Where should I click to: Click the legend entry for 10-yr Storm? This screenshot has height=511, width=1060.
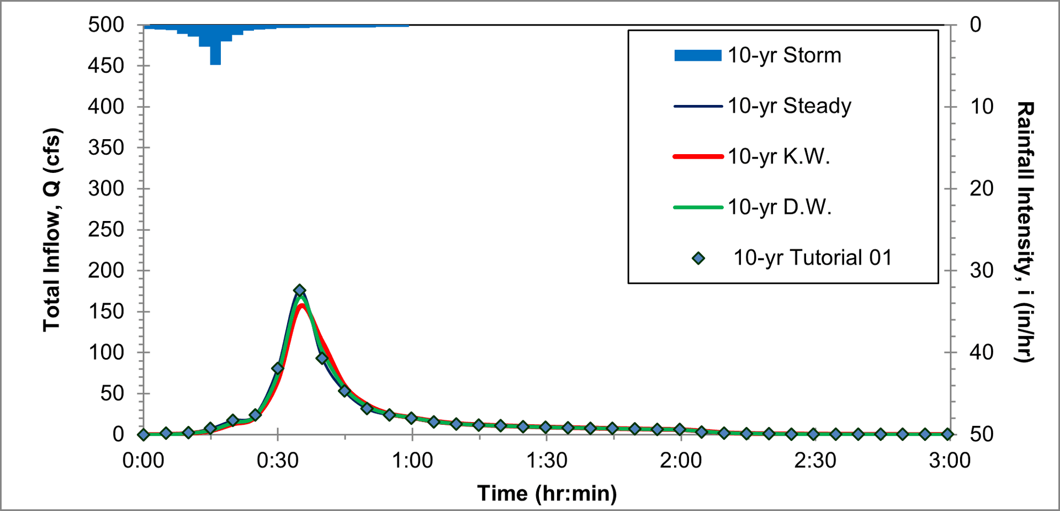tap(784, 55)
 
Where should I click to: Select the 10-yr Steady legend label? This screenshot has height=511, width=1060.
tap(789, 106)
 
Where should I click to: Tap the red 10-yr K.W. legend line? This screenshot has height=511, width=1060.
tap(698, 157)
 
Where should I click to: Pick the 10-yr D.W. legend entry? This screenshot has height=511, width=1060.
tap(779, 207)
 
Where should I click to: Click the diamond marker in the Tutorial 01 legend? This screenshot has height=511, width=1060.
tap(698, 258)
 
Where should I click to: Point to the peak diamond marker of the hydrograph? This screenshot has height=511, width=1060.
tap(300, 291)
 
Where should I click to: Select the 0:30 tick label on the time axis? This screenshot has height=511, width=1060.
tap(278, 460)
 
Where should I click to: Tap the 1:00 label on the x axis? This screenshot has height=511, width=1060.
tap(412, 460)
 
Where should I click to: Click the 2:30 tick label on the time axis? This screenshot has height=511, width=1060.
tap(815, 460)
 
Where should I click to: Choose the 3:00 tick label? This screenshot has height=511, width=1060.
tap(949, 460)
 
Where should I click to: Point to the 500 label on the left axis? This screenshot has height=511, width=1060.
tap(106, 25)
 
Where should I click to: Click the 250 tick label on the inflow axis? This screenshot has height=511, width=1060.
tap(106, 229)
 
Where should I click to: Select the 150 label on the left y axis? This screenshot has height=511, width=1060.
tap(106, 312)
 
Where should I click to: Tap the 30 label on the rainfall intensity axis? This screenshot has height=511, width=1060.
tap(982, 271)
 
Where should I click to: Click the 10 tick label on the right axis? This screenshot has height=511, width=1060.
tap(982, 107)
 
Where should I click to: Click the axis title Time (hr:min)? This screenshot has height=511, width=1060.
tap(547, 493)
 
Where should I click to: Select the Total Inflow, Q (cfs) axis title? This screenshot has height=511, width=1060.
tap(52, 229)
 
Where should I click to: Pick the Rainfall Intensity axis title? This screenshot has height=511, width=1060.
tap(1025, 232)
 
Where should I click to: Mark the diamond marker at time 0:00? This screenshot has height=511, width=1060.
tap(144, 434)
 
